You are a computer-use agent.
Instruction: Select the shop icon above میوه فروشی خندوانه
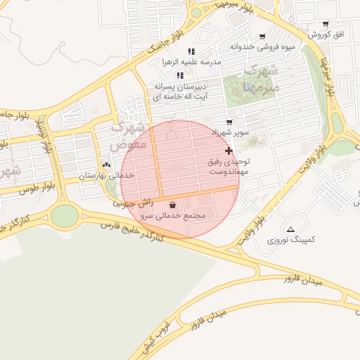[x=262, y=37]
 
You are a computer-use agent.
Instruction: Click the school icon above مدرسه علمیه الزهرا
[x=191, y=51]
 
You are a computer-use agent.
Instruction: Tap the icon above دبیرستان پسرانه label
[x=181, y=75]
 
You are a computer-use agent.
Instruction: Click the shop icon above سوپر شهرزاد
[x=228, y=121]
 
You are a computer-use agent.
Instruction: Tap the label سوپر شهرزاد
[x=229, y=131]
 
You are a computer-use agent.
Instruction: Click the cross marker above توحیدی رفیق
[x=229, y=150]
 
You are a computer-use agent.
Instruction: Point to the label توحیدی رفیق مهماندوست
[x=229, y=167]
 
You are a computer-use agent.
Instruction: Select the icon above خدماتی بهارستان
[x=106, y=165]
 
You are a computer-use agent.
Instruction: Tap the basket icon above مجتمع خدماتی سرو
[x=173, y=205]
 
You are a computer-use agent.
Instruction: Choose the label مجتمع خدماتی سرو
[x=173, y=216]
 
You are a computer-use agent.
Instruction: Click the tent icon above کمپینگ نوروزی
[x=291, y=229]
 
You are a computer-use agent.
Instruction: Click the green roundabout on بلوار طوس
[x=65, y=215]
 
